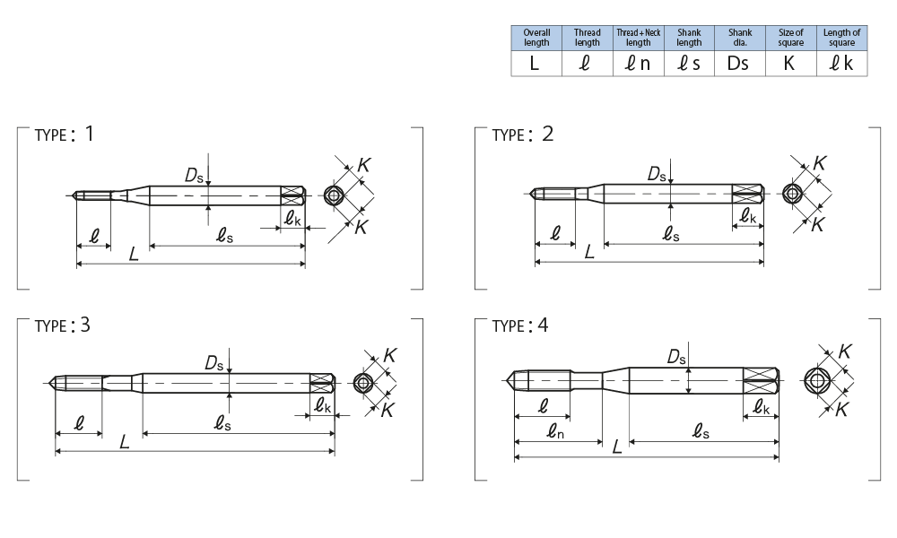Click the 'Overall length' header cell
coord(536,37)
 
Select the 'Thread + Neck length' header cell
coord(638,37)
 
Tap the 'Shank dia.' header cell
coord(740,37)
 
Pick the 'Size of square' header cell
coord(790,37)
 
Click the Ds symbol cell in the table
coord(740,64)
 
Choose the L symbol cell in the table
coord(536,64)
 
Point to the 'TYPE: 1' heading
coord(64,134)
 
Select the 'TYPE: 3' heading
coord(63,325)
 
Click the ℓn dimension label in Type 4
coord(555,433)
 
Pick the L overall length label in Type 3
coord(125,442)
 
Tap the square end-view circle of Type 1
coord(335,195)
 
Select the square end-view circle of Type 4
coord(817,380)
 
